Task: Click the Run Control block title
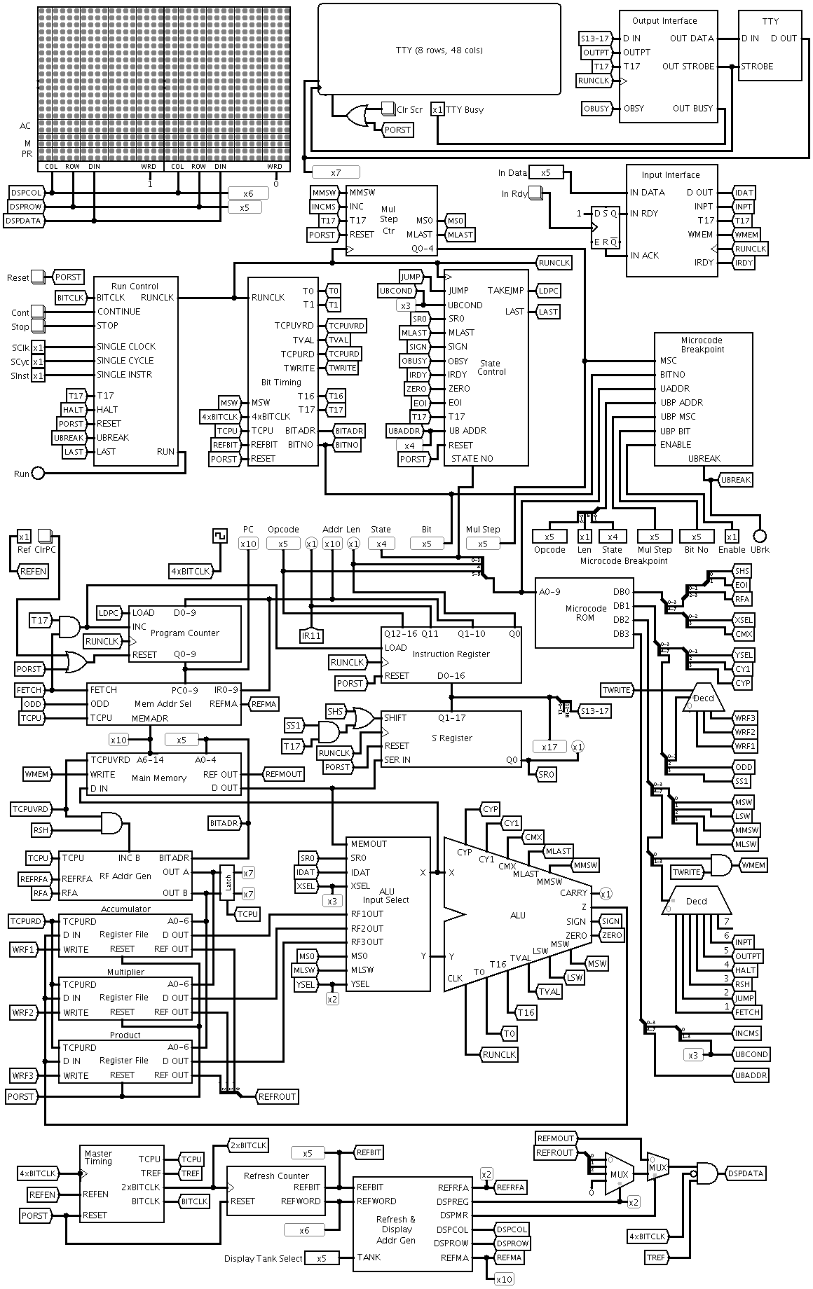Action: [x=135, y=286]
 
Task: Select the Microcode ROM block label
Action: [x=585, y=612]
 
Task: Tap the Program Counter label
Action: [x=185, y=633]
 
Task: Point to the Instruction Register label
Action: [x=451, y=654]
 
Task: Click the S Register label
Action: [x=451, y=738]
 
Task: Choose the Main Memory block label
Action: [x=159, y=778]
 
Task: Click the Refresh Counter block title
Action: [x=276, y=1176]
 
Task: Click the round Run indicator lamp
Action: [x=39, y=474]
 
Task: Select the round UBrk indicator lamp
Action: [x=758, y=536]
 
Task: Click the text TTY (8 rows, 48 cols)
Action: [x=439, y=50]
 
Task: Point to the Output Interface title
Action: [x=664, y=21]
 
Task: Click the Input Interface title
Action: [x=670, y=174]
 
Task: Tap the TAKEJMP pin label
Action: [x=505, y=290]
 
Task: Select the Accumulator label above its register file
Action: [x=126, y=909]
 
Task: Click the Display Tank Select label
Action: [x=264, y=1258]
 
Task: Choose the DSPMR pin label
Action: [x=453, y=1215]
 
